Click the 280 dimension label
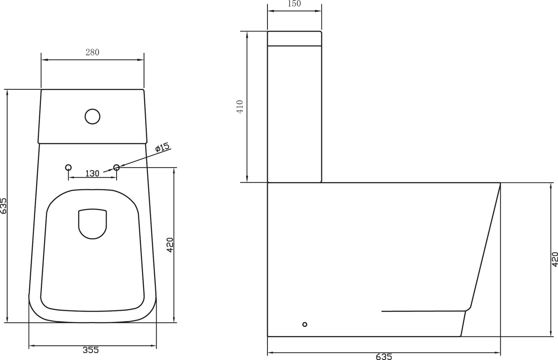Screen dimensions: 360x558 click(x=92, y=52)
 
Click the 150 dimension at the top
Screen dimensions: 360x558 click(x=294, y=4)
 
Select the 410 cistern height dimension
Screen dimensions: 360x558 click(x=240, y=107)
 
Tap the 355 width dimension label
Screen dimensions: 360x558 click(x=91, y=350)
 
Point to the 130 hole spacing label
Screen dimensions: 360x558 click(x=92, y=173)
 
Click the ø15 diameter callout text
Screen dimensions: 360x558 click(x=162, y=147)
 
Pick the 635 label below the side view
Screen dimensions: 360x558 click(x=384, y=357)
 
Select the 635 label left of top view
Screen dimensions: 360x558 click(x=3, y=206)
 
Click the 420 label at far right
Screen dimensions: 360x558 click(x=555, y=259)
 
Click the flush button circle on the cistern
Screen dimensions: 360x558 click(x=92, y=116)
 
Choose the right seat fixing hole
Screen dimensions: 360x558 click(x=116, y=168)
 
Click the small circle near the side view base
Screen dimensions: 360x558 click(x=305, y=324)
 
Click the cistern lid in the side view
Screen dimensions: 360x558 click(x=295, y=39)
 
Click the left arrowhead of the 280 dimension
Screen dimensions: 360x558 click(x=43, y=60)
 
